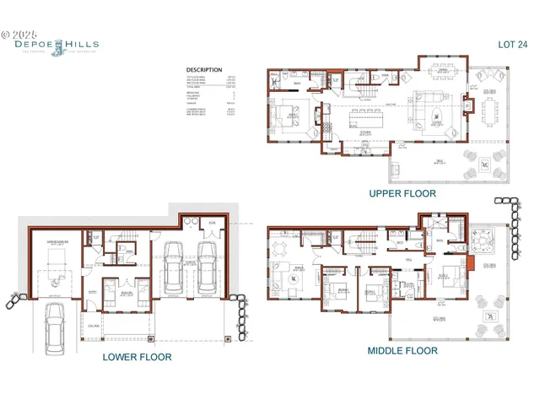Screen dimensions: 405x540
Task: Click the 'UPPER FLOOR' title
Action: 402,193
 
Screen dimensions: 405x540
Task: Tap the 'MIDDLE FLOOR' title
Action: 402,350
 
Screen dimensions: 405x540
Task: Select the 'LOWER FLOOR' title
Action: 137,357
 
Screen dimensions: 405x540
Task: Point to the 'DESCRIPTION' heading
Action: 204,70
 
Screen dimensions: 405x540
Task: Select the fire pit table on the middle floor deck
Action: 488,317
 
